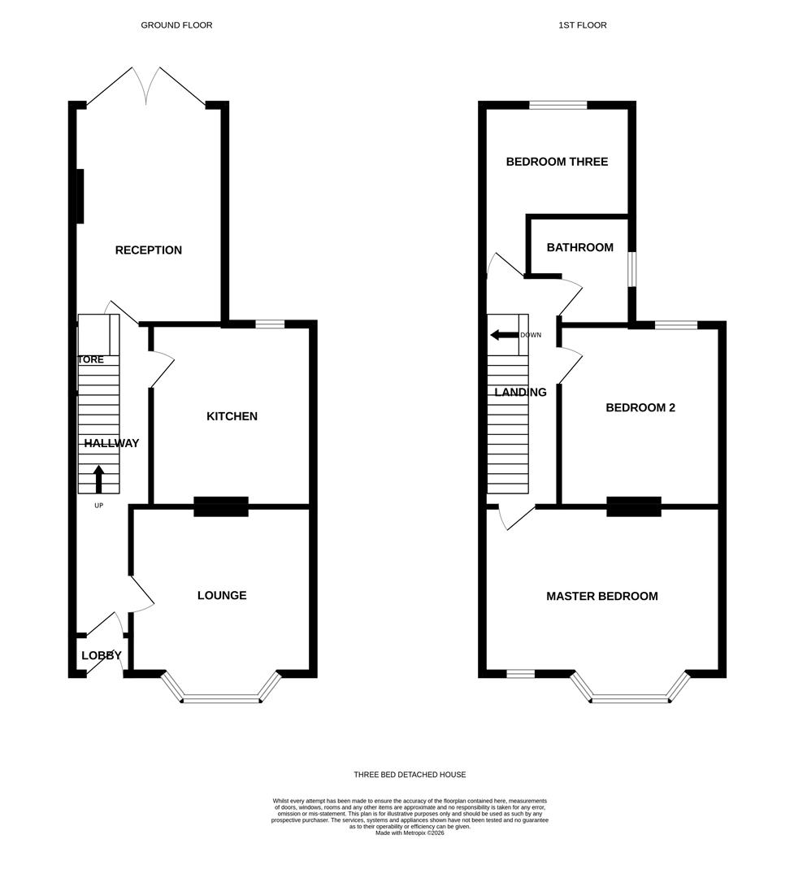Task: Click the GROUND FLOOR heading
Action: [176, 25]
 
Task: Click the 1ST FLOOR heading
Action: [582, 25]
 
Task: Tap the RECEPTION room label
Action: [148, 250]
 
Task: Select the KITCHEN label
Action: [232, 416]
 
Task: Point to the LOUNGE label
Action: [222, 596]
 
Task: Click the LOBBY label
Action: [102, 656]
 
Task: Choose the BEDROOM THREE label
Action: [557, 162]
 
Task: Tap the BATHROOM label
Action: [579, 248]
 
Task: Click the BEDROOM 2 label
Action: [640, 408]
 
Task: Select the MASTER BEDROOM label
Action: [601, 597]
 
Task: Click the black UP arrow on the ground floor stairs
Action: [99, 479]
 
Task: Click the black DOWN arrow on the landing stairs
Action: [504, 335]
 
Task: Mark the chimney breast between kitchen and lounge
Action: [221, 506]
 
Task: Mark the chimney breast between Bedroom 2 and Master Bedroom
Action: [634, 506]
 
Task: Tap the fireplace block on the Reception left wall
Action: [80, 196]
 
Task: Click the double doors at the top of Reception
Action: [147, 86]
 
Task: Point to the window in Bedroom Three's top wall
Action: [558, 105]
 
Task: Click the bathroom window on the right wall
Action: [632, 269]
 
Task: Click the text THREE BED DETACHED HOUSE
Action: [410, 775]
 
